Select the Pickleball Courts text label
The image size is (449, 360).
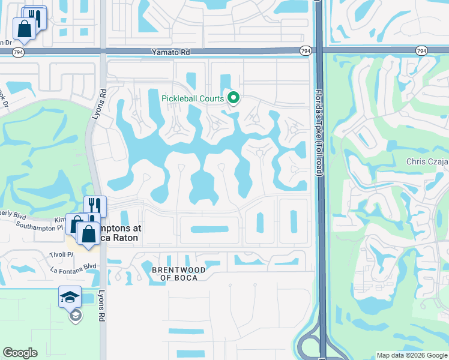point(192,98)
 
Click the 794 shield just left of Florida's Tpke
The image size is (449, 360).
point(306,52)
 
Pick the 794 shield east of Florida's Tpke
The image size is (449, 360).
point(421,52)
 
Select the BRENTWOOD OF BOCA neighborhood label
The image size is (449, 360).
point(178,274)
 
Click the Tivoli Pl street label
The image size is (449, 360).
point(62,254)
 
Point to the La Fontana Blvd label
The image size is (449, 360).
point(74,266)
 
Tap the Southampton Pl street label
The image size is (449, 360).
point(40,228)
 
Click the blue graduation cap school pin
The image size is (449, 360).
point(70,297)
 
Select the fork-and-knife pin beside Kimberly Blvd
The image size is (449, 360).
point(95,206)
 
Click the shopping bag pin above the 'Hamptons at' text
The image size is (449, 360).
point(88,235)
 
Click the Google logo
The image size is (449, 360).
point(20,353)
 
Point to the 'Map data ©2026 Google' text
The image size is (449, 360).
point(412,355)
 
